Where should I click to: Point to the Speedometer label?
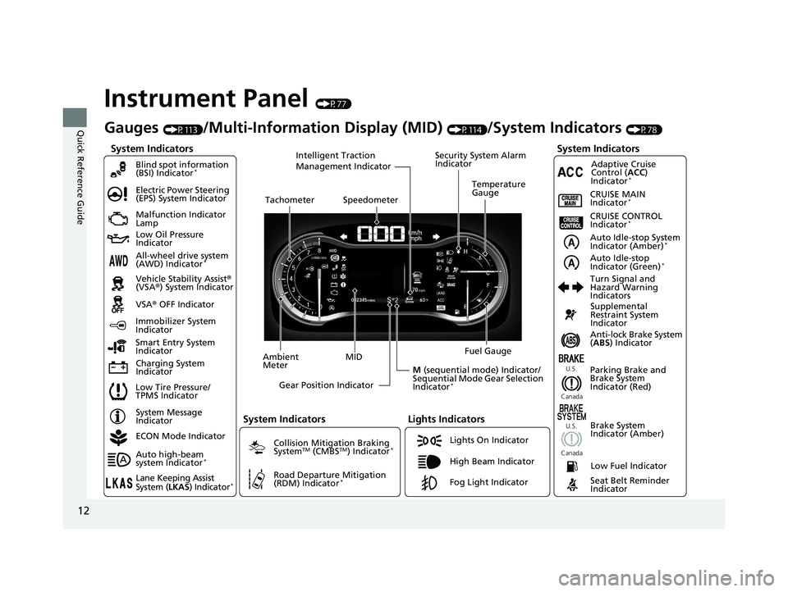[x=370, y=199]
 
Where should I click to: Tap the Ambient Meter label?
[x=280, y=362]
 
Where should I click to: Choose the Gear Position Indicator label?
[x=326, y=385]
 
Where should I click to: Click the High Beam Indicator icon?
[x=429, y=462]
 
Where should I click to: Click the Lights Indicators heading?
[x=446, y=419]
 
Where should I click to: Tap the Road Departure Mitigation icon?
[x=258, y=480]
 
